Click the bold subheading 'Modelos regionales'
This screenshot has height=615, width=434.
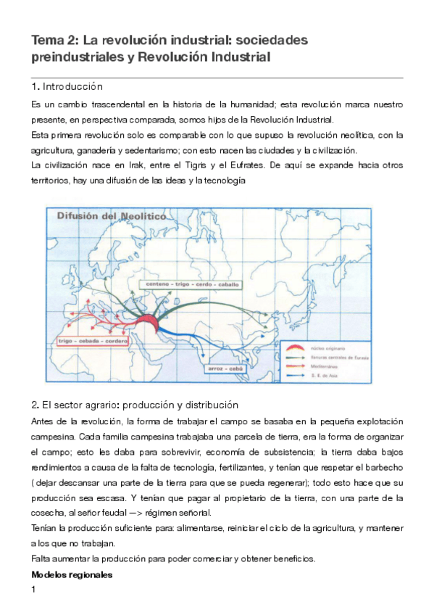(x=72, y=574)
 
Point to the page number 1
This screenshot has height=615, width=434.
(x=34, y=590)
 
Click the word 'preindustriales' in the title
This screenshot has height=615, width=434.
(x=71, y=57)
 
